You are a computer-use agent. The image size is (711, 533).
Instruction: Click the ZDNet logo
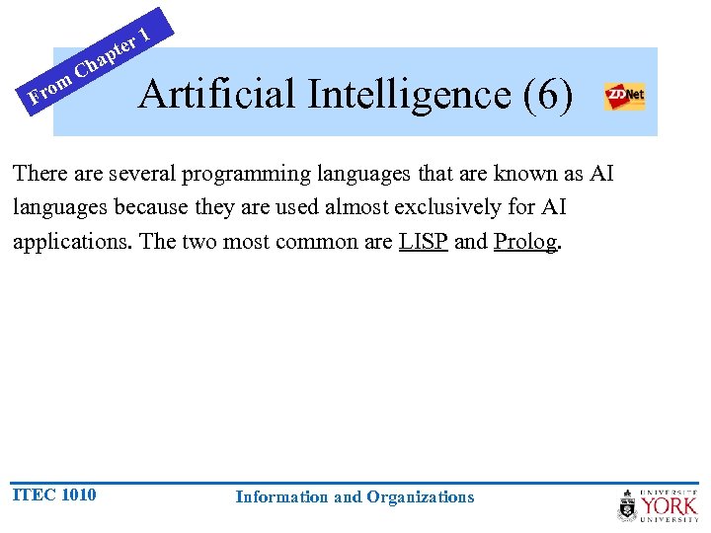pos(624,97)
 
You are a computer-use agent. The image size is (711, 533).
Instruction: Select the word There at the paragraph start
pos(39,174)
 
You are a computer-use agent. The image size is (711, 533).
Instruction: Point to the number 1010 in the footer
pos(78,495)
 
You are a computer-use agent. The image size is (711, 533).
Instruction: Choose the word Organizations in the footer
pos(421,497)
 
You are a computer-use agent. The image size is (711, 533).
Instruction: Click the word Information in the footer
pos(282,497)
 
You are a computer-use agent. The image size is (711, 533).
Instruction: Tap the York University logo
pos(658,505)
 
